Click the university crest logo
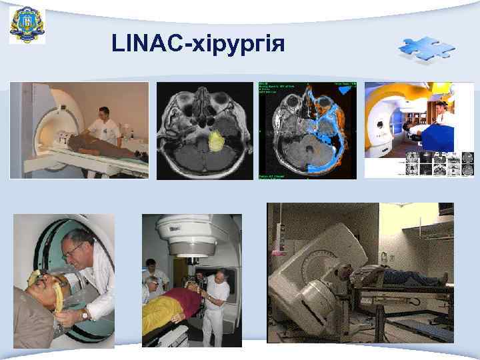coord(27,25)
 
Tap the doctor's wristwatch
coord(85,313)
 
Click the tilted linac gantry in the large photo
coord(313,280)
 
